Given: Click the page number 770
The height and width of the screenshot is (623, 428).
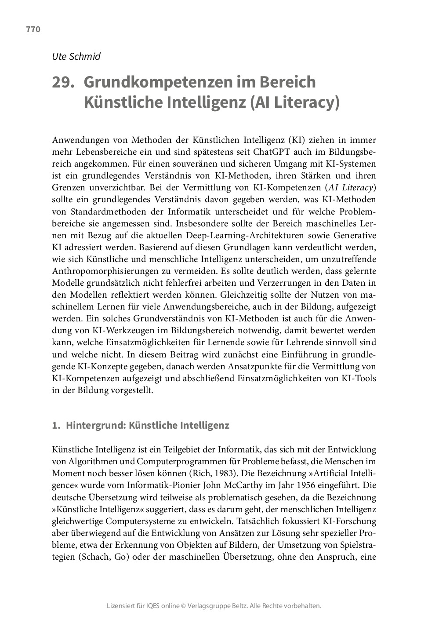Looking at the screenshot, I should pyautogui.click(x=33, y=29).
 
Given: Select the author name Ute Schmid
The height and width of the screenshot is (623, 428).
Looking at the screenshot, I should pyautogui.click(x=76, y=56).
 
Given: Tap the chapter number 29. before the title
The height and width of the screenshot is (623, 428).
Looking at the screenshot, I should pyautogui.click(x=63, y=82).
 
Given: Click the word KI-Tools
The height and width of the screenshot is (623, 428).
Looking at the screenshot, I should pyautogui.click(x=359, y=378).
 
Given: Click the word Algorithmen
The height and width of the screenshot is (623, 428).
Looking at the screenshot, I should pyautogui.click(x=91, y=462).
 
